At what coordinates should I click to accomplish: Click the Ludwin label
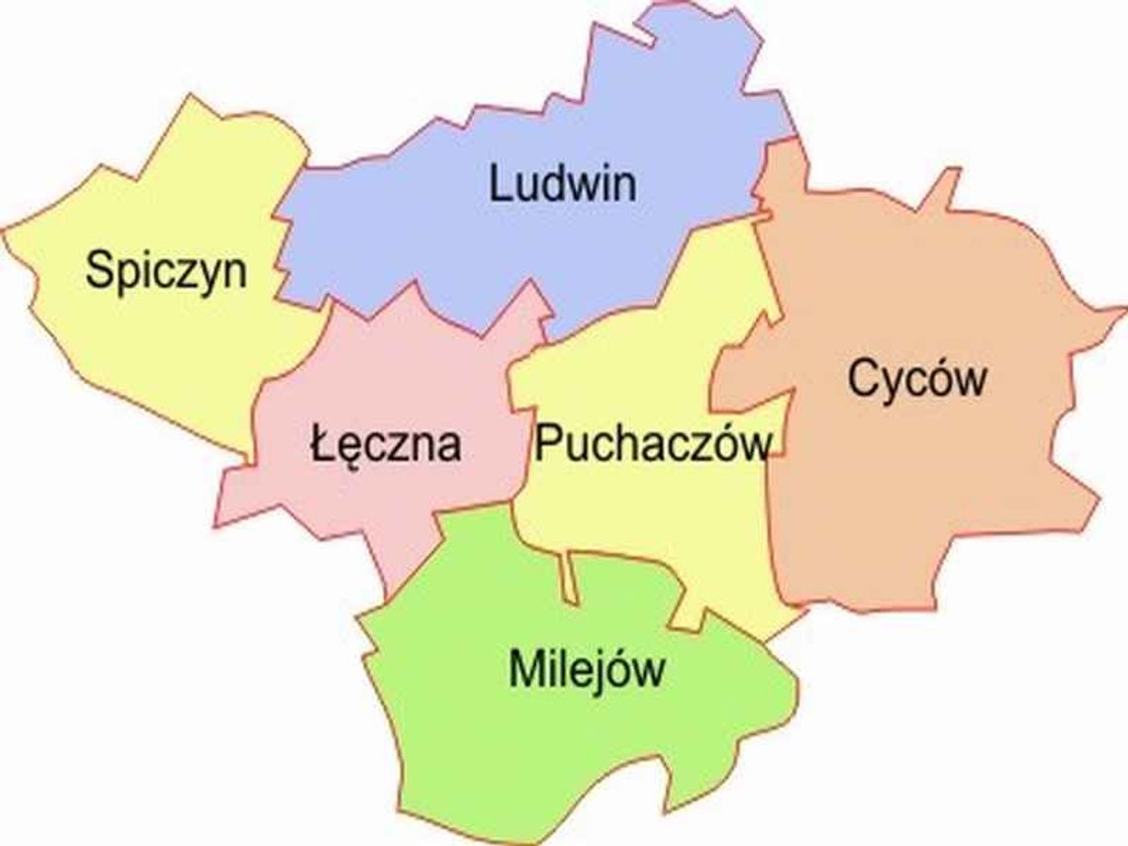562,185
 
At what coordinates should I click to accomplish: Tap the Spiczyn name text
166,270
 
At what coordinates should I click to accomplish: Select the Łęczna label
385,444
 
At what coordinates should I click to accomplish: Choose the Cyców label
917,379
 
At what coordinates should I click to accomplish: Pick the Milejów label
586,670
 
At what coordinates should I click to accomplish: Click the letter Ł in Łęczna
319,444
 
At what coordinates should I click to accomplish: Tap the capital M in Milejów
525,670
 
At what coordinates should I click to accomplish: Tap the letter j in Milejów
601,673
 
